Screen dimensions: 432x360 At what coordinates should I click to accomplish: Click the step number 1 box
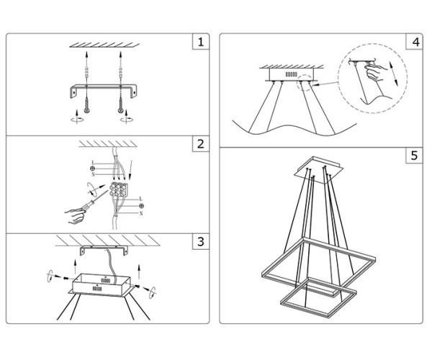[x=201, y=42]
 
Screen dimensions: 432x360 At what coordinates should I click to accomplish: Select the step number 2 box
[x=201, y=143]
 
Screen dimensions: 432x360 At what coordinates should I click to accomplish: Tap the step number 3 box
[x=201, y=242]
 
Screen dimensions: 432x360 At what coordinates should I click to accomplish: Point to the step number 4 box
[x=414, y=42]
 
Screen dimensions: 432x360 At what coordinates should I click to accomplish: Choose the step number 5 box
[x=414, y=156]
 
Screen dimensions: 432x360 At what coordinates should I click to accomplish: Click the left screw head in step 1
[x=87, y=111]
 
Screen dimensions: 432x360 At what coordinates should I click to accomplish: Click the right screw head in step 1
[x=121, y=111]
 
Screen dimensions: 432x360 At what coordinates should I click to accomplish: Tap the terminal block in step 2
[x=119, y=189]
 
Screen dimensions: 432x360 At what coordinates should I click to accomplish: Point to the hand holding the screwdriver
[x=75, y=216]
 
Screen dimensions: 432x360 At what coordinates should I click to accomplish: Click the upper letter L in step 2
[x=93, y=163]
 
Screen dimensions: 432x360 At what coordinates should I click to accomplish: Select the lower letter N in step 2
[x=141, y=213]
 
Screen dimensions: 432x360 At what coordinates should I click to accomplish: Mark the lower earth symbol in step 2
[x=141, y=206]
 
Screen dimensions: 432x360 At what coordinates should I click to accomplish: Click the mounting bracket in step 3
[x=104, y=250]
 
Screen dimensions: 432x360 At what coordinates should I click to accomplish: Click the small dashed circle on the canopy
[x=305, y=82]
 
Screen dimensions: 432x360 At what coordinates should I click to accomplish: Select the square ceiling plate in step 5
[x=319, y=170]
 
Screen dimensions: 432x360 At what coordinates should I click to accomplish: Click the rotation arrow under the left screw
[x=77, y=117]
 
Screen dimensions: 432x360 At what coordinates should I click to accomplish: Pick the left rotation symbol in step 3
[x=50, y=276]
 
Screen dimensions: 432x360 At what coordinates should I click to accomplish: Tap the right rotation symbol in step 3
[x=153, y=292]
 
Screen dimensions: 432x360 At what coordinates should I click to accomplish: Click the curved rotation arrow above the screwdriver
[x=92, y=188]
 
